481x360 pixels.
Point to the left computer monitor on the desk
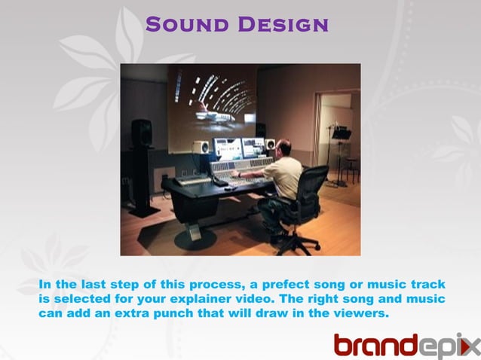(x=226, y=147)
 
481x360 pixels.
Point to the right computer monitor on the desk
(x=253, y=146)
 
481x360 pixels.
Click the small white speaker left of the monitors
(x=200, y=147)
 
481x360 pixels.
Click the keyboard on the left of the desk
(x=193, y=181)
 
